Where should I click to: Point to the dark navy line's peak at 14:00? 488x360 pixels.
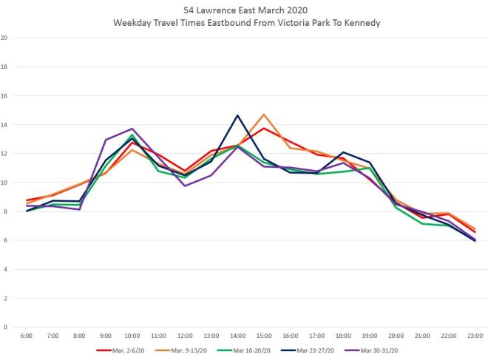point(237,115)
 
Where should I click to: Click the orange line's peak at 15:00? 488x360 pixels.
point(264,115)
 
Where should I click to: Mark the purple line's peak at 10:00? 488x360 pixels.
point(132,129)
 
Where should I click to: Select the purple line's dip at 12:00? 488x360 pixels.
point(185,186)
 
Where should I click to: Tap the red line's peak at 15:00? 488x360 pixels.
point(264,128)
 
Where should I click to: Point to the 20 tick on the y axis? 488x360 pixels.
point(4,38)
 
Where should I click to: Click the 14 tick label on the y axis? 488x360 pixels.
point(4,124)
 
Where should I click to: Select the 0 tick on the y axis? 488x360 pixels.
point(6,327)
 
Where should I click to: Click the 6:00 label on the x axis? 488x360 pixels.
point(27,337)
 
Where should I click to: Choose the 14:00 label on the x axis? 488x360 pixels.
point(237,337)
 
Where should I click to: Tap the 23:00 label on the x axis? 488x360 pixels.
point(474,337)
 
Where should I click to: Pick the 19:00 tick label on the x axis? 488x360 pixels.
point(369,337)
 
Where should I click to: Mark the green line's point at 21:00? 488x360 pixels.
point(421,223)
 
